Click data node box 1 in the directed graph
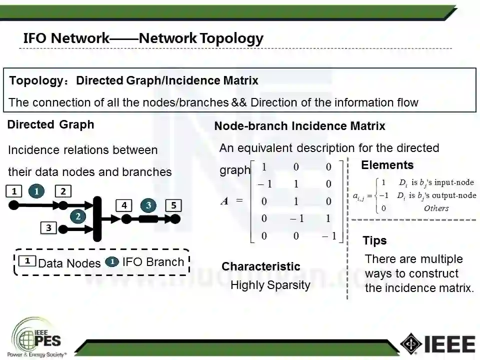(14, 191)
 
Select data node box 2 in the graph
(63, 191)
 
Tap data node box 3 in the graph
(48, 228)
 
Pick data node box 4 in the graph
(124, 205)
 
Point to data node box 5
(173, 205)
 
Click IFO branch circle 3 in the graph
(148, 205)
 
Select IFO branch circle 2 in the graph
(78, 216)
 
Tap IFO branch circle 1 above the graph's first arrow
(37, 190)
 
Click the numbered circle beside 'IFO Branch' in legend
(112, 261)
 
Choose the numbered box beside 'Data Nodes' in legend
(27, 261)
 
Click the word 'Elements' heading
(387, 165)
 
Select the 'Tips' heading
(374, 240)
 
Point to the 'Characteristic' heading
(260, 266)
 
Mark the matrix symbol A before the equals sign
(224, 201)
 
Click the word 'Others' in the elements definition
(436, 208)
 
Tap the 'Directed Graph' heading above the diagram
(50, 125)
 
